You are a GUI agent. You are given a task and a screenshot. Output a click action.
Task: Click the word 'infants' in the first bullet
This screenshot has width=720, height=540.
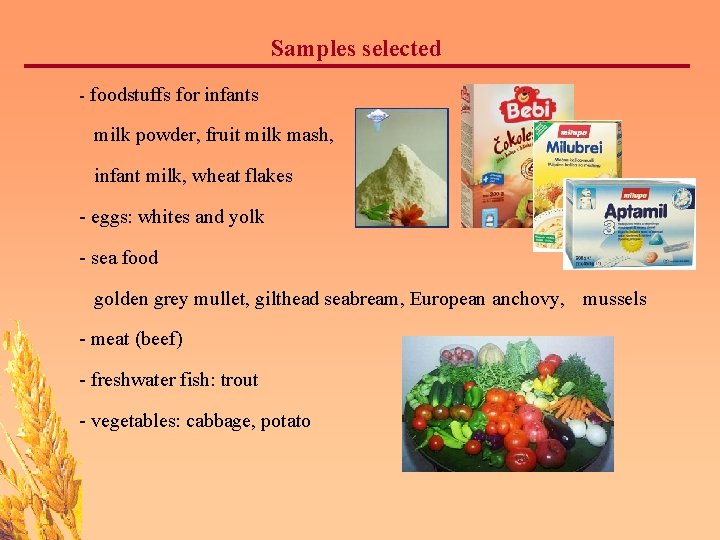coord(231,96)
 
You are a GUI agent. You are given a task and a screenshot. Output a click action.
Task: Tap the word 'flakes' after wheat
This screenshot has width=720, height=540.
coord(266,176)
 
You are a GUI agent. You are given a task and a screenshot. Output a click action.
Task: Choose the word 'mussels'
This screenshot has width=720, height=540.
coord(615,299)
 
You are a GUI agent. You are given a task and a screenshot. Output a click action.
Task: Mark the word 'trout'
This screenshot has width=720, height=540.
coord(239,380)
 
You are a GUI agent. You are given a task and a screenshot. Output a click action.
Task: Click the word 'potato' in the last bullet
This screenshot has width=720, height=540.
coord(285,421)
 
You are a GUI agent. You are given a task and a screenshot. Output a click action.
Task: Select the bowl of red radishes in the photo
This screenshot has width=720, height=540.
coord(457,354)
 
